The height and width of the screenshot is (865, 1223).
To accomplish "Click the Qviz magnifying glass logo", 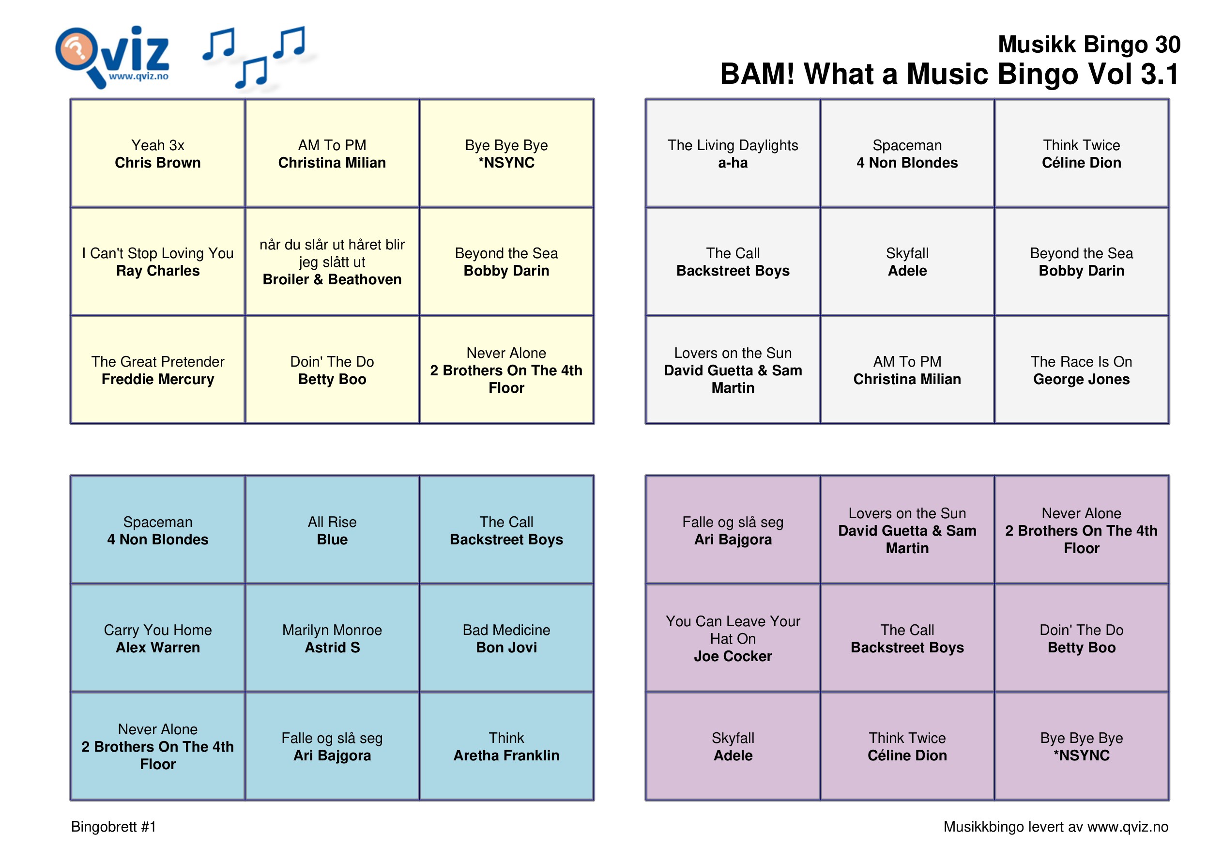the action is (x=112, y=57).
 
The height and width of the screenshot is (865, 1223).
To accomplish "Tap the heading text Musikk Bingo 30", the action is (x=1089, y=44).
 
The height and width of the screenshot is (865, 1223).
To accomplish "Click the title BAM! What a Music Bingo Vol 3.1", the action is (x=950, y=74).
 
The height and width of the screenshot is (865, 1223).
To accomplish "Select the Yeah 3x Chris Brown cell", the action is (x=158, y=154).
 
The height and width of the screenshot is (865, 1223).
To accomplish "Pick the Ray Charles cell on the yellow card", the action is (x=158, y=262).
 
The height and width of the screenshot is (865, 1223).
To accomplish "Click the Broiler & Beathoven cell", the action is (x=332, y=262).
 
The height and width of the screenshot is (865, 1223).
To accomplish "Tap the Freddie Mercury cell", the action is (x=158, y=370).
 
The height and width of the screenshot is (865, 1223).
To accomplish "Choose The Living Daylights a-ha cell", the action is (x=733, y=154).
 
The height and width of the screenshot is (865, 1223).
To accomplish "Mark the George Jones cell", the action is (x=1081, y=370).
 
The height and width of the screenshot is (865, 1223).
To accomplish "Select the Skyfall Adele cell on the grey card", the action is (x=907, y=262).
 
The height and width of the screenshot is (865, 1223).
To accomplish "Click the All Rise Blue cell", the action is (x=332, y=530).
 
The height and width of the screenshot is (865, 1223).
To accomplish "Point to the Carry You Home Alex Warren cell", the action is (x=158, y=638).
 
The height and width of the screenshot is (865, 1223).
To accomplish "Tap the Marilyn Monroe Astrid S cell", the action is (x=332, y=638).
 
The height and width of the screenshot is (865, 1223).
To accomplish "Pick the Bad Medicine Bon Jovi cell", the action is (x=506, y=638).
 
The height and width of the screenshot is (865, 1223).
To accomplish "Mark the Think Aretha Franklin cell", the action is (x=506, y=746).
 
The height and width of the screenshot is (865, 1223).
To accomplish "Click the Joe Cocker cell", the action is (x=733, y=638).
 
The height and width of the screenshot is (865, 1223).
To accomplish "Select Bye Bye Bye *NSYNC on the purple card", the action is (x=1081, y=746).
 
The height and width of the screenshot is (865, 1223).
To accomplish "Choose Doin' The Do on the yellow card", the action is (x=332, y=370).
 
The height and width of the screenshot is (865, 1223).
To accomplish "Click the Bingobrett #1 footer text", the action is (x=113, y=827).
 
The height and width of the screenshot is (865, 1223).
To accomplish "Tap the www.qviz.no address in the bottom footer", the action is (x=1128, y=827).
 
